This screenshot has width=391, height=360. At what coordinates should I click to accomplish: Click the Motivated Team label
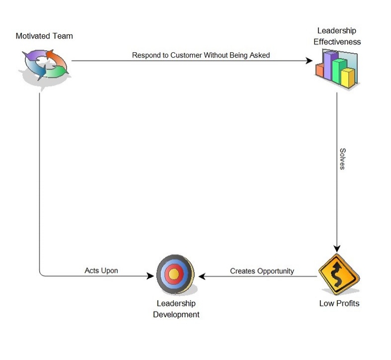coord(44,36)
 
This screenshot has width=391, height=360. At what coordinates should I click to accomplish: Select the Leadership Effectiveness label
coord(337,37)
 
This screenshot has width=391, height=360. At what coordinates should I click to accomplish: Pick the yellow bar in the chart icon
coord(348,78)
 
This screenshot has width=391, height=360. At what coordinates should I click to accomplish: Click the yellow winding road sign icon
coord(338,276)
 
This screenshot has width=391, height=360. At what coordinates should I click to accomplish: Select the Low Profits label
coord(339,303)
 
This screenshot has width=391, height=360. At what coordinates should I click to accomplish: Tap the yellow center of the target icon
coord(174,273)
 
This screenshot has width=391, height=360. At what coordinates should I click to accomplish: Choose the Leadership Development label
coord(176,308)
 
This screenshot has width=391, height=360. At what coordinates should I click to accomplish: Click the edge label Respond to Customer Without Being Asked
coord(201,55)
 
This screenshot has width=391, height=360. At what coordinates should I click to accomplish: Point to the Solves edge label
coord(342,159)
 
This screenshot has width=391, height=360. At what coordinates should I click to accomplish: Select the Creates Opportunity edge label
coord(262,271)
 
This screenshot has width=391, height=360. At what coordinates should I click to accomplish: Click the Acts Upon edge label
coord(101,271)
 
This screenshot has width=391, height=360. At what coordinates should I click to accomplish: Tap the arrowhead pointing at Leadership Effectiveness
coord(310,61)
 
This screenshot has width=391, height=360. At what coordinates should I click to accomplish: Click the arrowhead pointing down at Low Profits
coord(337,248)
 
